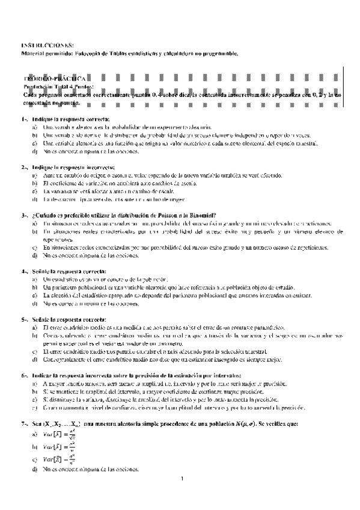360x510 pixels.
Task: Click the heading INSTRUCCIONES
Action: click(x=47, y=46)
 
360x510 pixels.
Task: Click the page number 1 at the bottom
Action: click(x=181, y=479)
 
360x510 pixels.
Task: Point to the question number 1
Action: click(x=23, y=120)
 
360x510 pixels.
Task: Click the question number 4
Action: click(x=23, y=271)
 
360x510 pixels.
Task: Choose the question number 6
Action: click(x=23, y=375)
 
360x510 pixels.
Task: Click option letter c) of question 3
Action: click(x=35, y=247)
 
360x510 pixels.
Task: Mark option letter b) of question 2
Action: click(x=35, y=183)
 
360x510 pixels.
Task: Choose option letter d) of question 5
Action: click(x=35, y=360)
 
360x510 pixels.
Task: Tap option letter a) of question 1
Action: click(x=35, y=128)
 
